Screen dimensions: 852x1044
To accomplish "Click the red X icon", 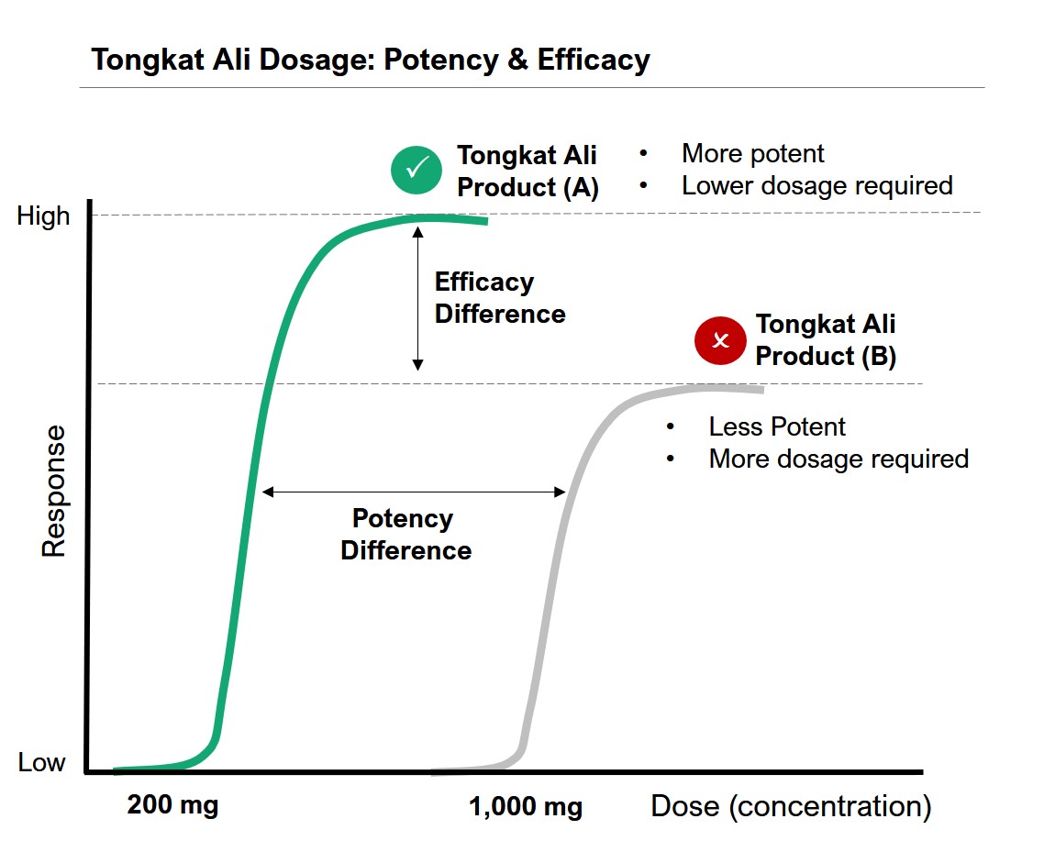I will click(x=720, y=340).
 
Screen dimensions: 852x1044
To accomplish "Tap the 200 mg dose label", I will click(x=172, y=806).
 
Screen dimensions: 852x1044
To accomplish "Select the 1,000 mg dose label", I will click(x=526, y=807).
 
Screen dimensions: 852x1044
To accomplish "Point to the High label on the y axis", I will click(x=43, y=216).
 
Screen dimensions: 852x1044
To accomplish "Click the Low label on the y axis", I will click(x=41, y=762).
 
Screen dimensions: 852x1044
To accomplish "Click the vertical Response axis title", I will click(x=54, y=491).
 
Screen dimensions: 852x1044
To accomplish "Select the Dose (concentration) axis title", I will click(x=791, y=806).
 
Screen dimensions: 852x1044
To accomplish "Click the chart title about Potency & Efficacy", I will click(x=371, y=61).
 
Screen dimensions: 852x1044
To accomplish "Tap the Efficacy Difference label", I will click(x=499, y=298).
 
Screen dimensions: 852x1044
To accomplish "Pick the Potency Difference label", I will click(x=405, y=535).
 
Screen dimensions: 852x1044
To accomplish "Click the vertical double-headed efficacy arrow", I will click(x=418, y=298).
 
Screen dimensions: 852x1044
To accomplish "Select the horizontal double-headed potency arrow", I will click(x=414, y=492).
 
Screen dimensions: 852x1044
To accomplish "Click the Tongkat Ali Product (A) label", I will click(x=528, y=171).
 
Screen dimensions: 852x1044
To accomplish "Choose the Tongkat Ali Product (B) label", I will click(x=826, y=340).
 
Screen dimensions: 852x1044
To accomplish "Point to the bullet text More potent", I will click(x=752, y=153).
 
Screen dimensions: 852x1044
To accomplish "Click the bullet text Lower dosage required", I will click(x=816, y=185).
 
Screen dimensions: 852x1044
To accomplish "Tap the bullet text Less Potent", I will click(x=777, y=426).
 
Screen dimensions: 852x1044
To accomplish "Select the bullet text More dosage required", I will click(x=839, y=459).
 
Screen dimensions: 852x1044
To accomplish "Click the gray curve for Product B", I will click(x=550, y=569).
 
